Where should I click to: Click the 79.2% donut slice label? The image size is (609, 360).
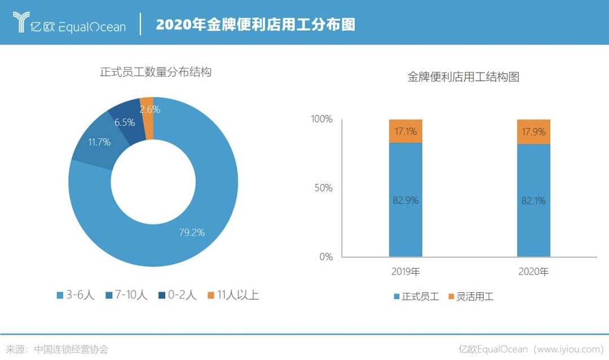tap(192, 232)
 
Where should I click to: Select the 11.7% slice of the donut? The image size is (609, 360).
tap(99, 142)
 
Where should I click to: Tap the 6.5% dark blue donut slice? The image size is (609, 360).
tap(125, 122)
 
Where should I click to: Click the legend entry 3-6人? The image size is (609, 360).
tap(76, 295)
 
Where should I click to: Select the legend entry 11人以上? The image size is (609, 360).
tap(233, 295)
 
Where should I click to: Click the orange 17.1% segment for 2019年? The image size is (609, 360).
tap(405, 131)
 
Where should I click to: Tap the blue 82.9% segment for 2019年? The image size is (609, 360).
tap(405, 200)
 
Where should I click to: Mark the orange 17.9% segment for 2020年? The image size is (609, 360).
tap(533, 132)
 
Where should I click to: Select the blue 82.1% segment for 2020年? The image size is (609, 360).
tap(533, 200)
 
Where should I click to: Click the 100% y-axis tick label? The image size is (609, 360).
tap(321, 120)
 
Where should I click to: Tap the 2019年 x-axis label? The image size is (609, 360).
tap(405, 272)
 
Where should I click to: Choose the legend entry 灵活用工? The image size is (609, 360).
tap(470, 296)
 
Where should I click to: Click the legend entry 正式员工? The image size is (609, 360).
tap(416, 296)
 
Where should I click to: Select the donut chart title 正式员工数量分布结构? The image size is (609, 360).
tap(156, 72)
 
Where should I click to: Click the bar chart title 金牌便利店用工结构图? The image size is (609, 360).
tap(464, 77)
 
